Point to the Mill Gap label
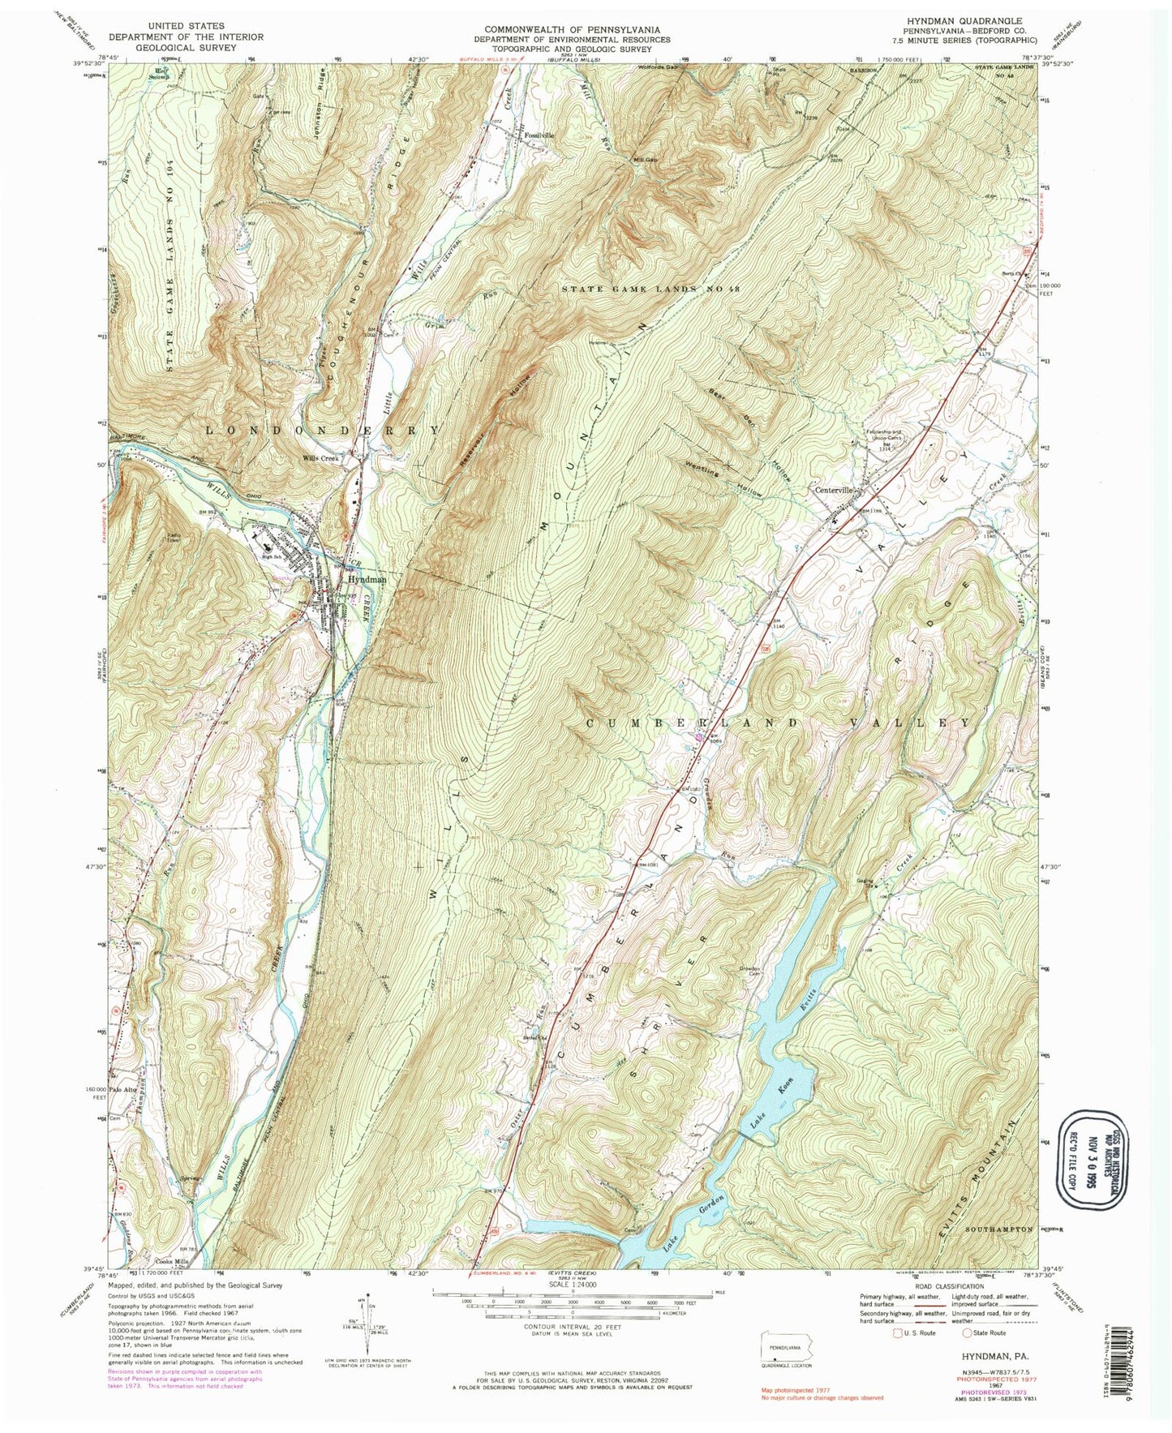[645, 160]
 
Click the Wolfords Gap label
[655, 67]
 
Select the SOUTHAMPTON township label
[999, 1229]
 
